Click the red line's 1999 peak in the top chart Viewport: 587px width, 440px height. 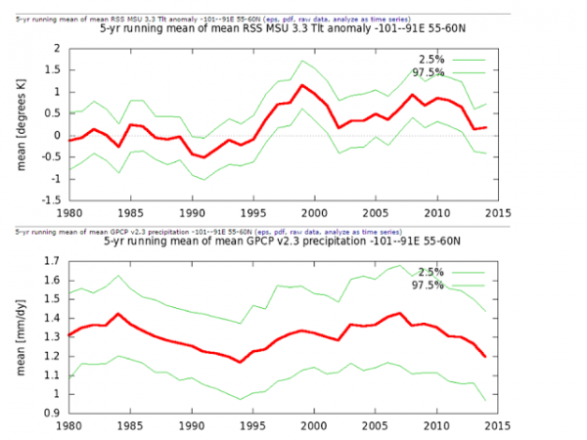click(301, 85)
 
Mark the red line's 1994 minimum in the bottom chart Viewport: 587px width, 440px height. click(241, 362)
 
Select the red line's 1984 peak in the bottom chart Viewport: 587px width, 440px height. click(117, 314)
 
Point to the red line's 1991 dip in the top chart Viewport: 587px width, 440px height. click(204, 157)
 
